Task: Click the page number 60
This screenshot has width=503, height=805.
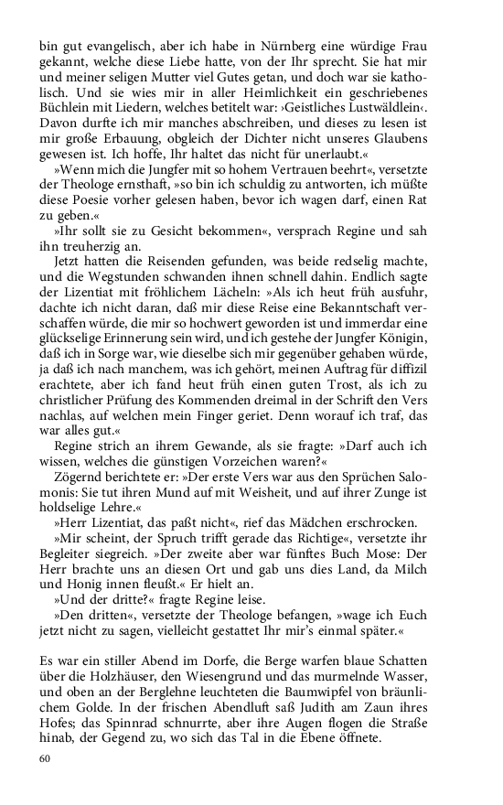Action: click(x=47, y=757)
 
